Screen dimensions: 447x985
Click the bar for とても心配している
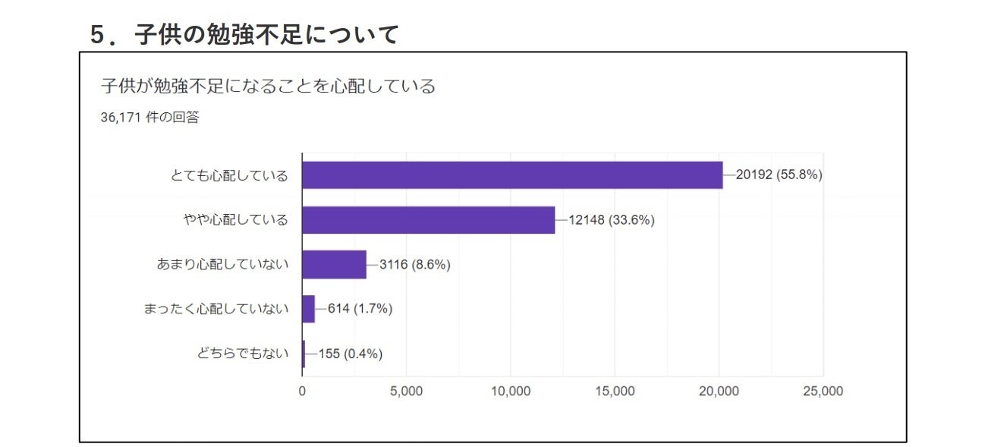(512, 175)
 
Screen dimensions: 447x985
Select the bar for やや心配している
(428, 220)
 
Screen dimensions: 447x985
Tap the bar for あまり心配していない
(334, 264)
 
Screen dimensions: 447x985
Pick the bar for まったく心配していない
(308, 309)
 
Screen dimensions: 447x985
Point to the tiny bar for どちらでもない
(304, 354)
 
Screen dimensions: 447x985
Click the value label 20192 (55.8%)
(779, 175)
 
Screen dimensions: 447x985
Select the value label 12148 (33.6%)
(611, 220)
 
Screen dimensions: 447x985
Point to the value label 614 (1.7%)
(360, 309)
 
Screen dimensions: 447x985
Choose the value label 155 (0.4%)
(350, 354)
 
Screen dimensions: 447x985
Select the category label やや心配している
(236, 220)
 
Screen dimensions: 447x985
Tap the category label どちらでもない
(243, 354)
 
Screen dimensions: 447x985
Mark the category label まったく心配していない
(216, 309)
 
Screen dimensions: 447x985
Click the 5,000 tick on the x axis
(406, 392)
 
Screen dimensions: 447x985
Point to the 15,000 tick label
(615, 392)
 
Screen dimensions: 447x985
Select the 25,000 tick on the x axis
(823, 392)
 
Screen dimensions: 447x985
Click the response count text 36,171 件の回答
(150, 118)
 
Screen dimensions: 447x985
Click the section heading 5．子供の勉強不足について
(244, 35)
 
